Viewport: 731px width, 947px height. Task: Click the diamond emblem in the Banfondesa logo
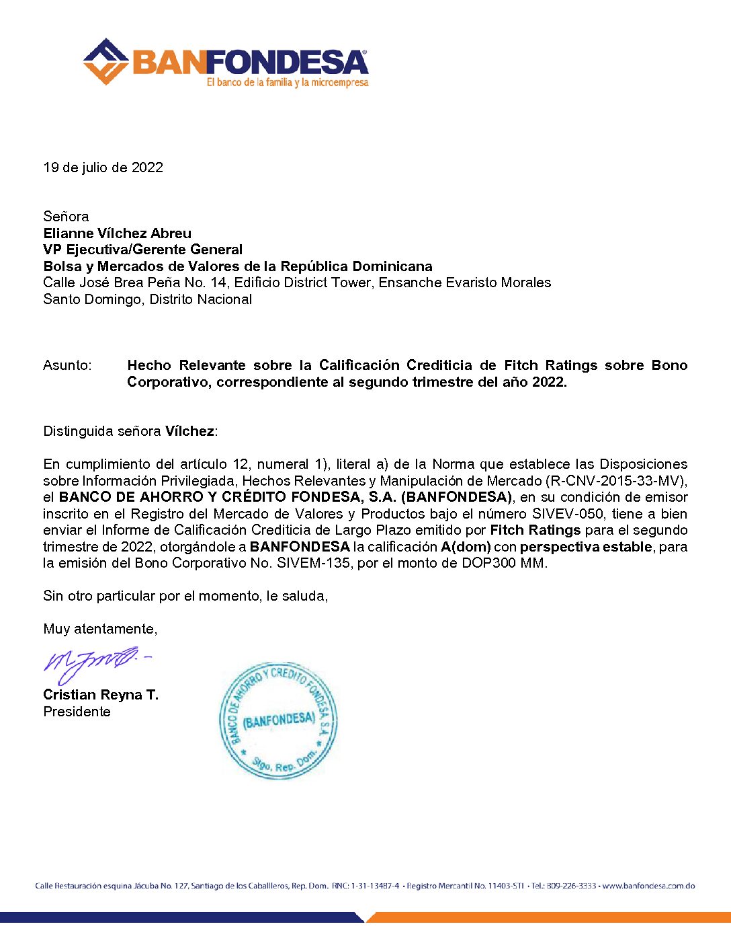pos(105,62)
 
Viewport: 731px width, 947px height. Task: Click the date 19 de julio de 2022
pos(103,167)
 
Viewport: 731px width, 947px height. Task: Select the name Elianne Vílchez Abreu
pos(117,233)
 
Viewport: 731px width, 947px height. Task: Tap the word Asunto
pos(67,365)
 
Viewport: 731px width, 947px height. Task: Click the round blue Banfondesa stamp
pos(277,720)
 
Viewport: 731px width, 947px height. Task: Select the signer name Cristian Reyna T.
pos(101,695)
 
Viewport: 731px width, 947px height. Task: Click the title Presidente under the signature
pos(77,712)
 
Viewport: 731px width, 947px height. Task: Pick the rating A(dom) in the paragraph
pos(466,547)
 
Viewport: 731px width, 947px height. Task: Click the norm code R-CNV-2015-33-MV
pos(615,481)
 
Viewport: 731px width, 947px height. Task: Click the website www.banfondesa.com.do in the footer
pos(648,886)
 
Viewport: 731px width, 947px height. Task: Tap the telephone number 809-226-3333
pos(570,886)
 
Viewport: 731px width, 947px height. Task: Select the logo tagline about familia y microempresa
pos(288,83)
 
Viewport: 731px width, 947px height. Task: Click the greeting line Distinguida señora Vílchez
pos(130,431)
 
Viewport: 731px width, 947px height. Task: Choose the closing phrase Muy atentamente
pos(100,629)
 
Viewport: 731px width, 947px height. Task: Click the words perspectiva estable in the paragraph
pos(586,547)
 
